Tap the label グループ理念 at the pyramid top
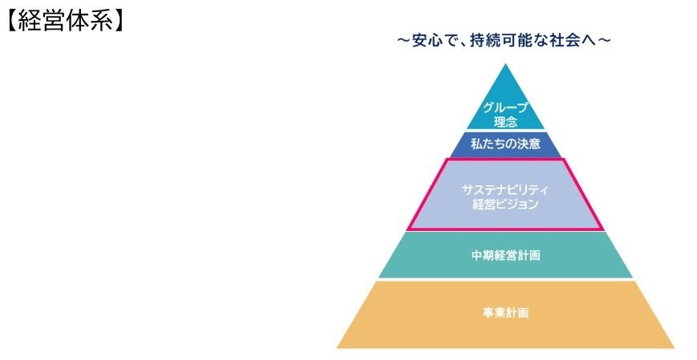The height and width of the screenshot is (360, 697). click(505, 115)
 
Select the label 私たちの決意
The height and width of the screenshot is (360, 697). click(505, 146)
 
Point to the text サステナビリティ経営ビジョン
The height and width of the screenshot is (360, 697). click(505, 196)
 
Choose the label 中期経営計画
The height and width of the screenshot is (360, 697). click(505, 257)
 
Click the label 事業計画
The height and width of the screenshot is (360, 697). click(505, 313)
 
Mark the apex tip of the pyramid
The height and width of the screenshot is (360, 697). click(505, 64)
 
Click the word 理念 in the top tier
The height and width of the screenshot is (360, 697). click(505, 123)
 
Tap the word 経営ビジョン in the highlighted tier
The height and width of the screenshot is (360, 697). click(505, 204)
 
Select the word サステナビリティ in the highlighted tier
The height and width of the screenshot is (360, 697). click(505, 189)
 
